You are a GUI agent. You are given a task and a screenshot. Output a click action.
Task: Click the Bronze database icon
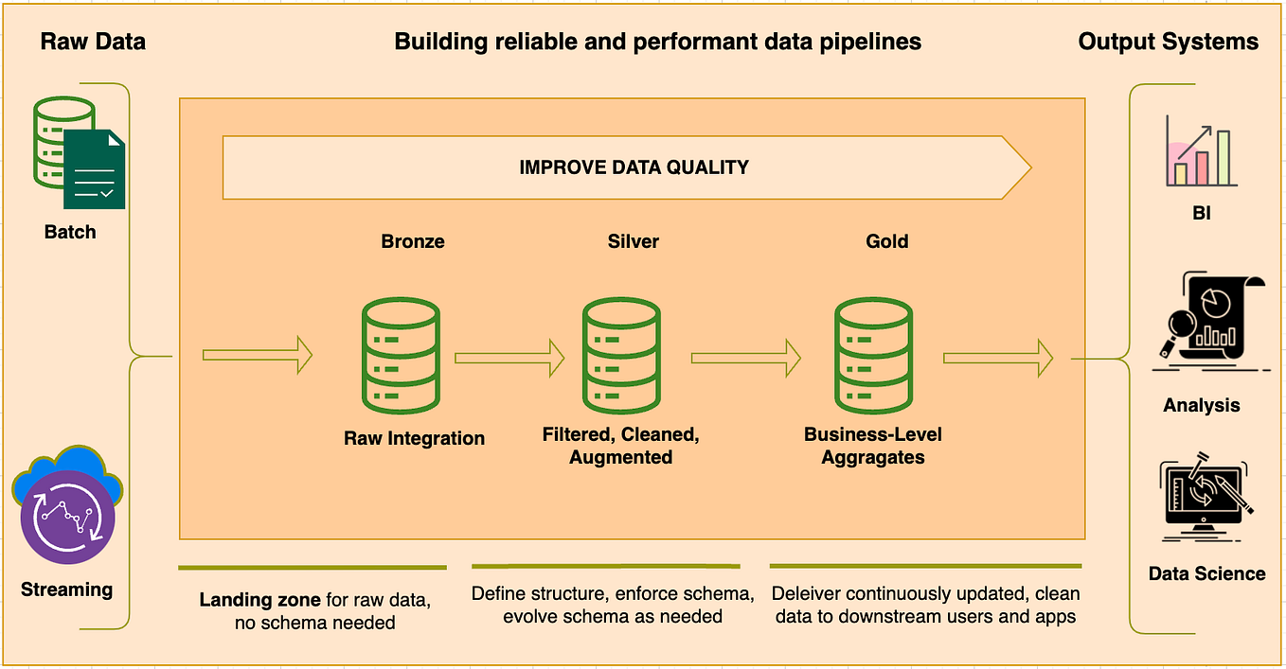[399, 357]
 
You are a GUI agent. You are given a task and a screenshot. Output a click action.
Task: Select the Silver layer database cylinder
[620, 357]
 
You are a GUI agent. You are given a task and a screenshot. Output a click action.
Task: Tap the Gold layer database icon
[872, 357]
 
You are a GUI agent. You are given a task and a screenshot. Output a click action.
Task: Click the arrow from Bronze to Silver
[509, 358]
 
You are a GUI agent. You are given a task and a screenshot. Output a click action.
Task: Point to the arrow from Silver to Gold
[746, 358]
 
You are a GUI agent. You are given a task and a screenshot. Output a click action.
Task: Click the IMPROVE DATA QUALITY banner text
[634, 167]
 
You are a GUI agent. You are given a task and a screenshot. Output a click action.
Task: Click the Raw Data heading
[93, 42]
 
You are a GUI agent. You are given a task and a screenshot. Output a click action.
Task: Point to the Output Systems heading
[1168, 42]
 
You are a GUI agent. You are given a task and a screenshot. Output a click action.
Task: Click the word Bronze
[412, 241]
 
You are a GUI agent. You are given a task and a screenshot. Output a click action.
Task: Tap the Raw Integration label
[414, 438]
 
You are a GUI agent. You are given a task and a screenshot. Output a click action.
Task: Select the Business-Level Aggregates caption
[872, 446]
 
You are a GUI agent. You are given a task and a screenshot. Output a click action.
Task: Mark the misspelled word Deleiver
[806, 594]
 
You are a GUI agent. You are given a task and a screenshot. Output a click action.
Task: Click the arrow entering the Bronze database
[257, 356]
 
